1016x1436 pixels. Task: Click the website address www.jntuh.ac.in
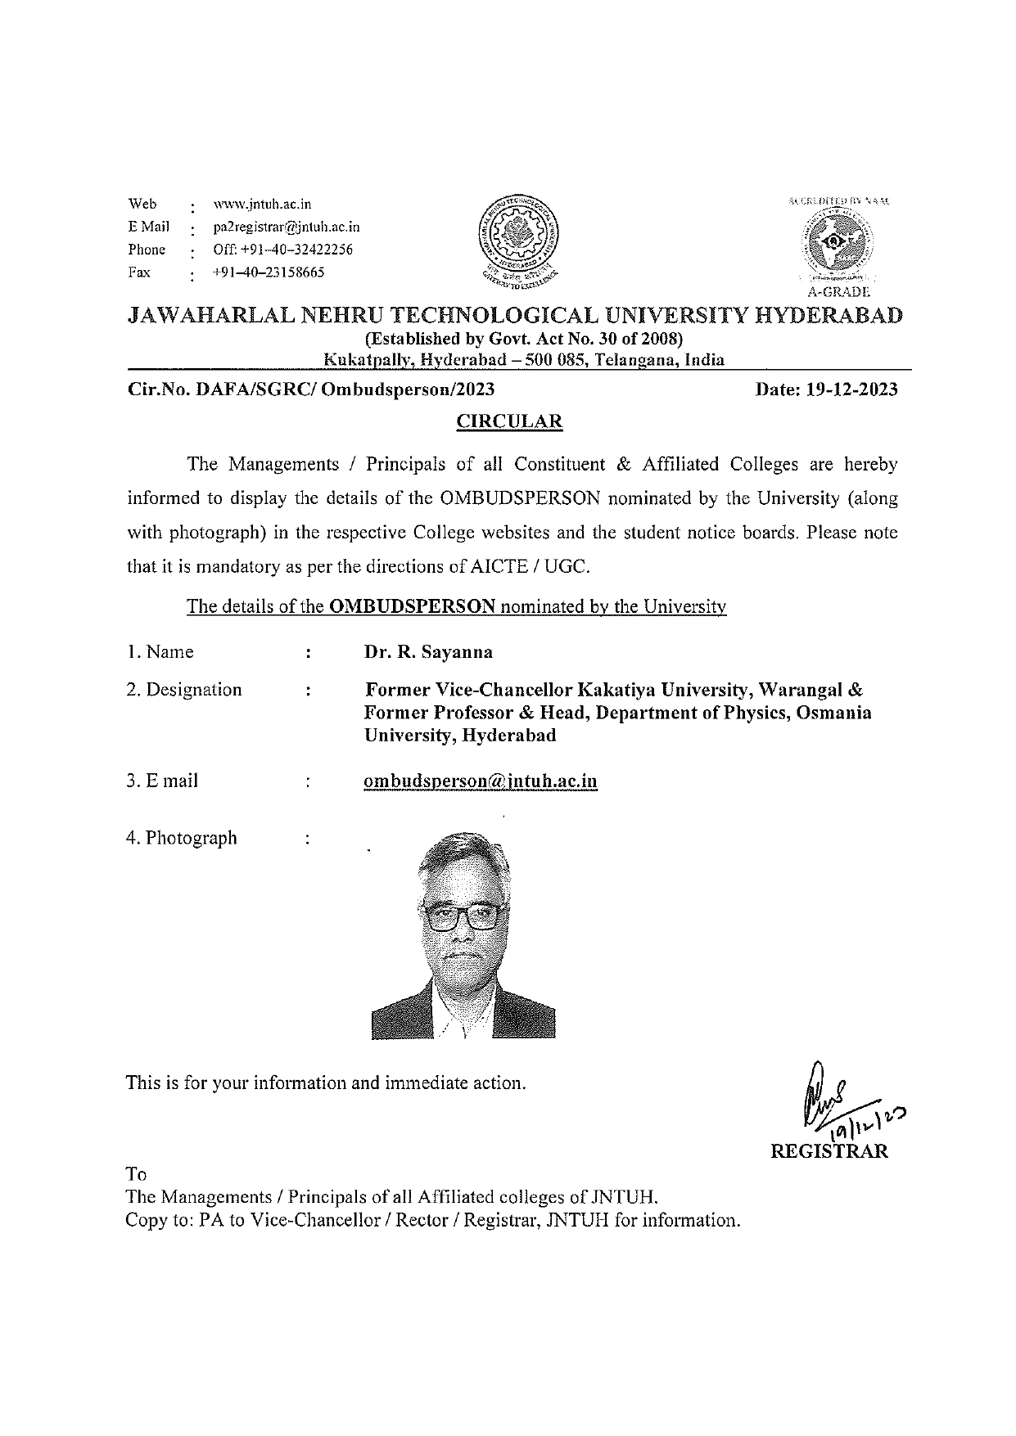pyautogui.click(x=262, y=205)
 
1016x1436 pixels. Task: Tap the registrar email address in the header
pyautogui.click(x=286, y=227)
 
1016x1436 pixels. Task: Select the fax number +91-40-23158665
pyautogui.click(x=268, y=272)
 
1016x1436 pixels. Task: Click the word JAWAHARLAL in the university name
pyautogui.click(x=207, y=316)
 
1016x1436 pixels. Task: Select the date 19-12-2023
pyautogui.click(x=851, y=389)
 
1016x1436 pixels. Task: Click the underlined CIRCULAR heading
pyautogui.click(x=509, y=422)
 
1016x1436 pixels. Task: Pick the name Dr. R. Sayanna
pyautogui.click(x=428, y=652)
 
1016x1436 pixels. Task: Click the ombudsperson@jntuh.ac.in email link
pyautogui.click(x=480, y=781)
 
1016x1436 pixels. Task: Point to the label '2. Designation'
pyautogui.click(x=184, y=690)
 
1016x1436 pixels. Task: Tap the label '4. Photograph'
pyautogui.click(x=182, y=838)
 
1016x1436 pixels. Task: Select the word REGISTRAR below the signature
pyautogui.click(x=829, y=1151)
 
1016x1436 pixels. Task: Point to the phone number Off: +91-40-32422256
pyautogui.click(x=282, y=250)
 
